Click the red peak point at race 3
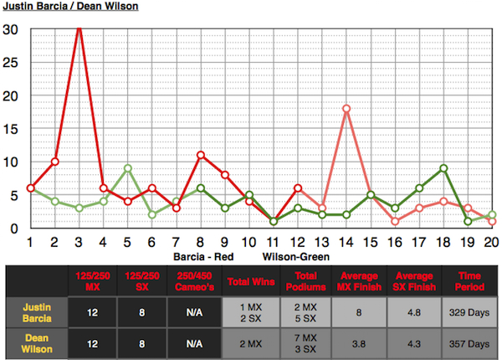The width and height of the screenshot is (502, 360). [79, 28]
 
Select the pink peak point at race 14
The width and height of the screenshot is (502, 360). [346, 109]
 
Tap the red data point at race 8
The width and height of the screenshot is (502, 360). [201, 155]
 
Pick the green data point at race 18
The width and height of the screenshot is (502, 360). [443, 168]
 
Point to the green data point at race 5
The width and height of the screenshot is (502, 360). [128, 168]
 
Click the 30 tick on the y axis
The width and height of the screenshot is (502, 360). [10, 28]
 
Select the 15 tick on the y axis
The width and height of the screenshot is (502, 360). [10, 129]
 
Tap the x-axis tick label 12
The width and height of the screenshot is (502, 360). [298, 242]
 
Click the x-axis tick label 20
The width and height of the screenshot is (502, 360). [492, 242]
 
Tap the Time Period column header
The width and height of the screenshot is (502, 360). [468, 281]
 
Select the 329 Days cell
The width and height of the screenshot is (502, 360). [468, 312]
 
